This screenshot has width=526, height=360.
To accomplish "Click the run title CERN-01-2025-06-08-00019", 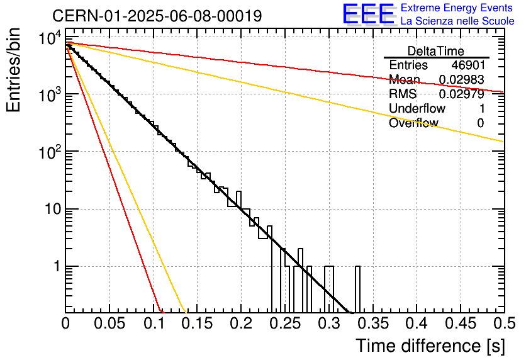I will (x=157, y=15).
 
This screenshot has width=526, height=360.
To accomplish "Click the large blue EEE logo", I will (x=368, y=14).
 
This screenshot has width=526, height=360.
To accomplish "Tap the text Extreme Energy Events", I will (x=457, y=8).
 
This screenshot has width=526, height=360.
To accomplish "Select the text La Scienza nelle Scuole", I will (x=457, y=21).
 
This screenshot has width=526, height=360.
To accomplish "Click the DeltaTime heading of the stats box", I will (x=436, y=51).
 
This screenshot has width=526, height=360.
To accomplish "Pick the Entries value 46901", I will (x=467, y=65).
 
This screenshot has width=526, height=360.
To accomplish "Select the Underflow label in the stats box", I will (x=417, y=109).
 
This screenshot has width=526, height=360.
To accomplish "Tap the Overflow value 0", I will (x=480, y=123).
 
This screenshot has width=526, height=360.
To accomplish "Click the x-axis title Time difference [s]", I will (x=429, y=346).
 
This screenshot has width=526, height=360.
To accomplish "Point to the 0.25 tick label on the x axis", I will (x=284, y=324).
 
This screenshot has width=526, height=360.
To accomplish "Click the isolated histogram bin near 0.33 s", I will (x=358, y=290).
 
